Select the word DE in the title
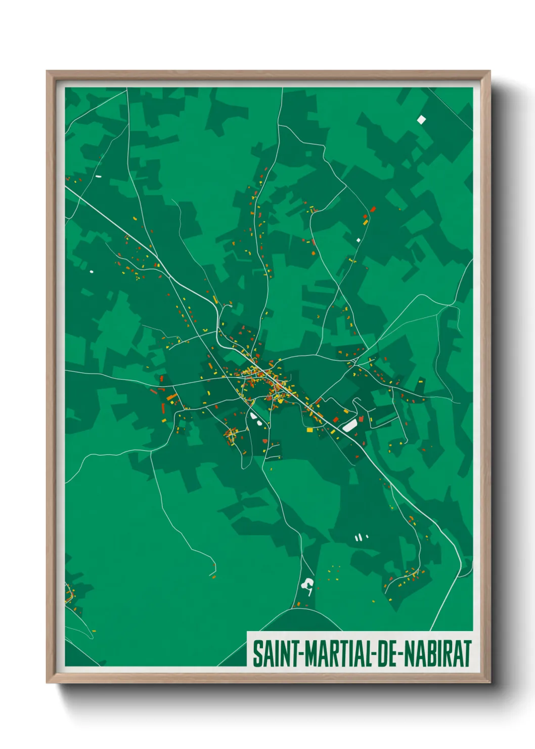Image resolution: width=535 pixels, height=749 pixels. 387,654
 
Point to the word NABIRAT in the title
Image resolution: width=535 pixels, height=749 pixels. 439,654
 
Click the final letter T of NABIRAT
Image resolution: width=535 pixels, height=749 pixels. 467,654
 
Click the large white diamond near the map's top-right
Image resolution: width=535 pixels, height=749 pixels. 421,119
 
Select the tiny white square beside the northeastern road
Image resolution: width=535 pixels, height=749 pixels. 359,240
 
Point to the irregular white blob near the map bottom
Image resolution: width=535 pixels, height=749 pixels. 307,586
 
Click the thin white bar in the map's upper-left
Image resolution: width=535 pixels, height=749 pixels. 99,177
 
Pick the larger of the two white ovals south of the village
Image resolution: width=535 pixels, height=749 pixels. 253,417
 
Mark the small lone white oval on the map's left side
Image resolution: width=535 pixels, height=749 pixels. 92,272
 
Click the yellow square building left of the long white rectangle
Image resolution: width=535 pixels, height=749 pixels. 310,430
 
